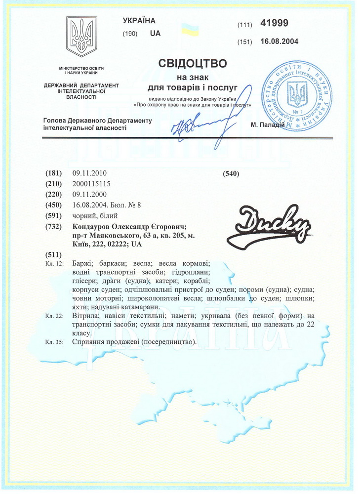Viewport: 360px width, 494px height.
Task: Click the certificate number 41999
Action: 275,23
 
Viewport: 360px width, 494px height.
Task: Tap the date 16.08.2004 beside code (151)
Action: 279,41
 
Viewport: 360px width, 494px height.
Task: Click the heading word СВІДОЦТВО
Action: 193,64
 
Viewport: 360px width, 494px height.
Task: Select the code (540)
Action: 231,173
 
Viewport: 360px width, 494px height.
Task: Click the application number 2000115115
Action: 91,184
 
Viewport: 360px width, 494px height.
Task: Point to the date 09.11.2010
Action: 89,173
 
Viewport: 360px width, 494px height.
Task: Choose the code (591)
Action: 53,216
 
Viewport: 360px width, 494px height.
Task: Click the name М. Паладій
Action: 268,124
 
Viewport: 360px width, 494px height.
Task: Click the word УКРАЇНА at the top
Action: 139,21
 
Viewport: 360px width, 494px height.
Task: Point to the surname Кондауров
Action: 94,227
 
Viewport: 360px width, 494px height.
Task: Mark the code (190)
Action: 130,34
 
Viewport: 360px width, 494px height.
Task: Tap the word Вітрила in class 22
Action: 85,315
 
